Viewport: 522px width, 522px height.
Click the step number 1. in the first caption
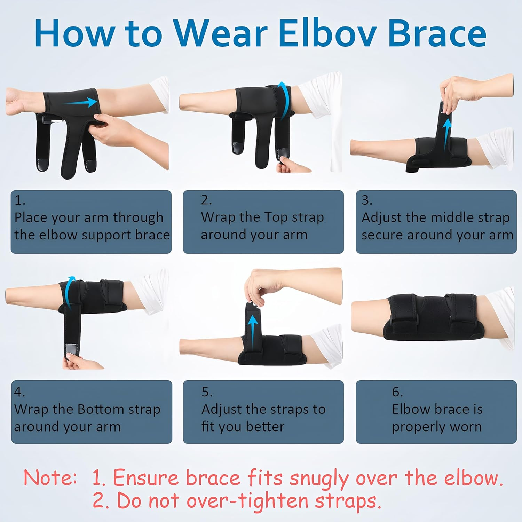tap(20, 200)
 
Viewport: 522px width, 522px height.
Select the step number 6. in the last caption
tap(397, 392)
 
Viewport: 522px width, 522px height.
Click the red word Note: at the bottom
tap(50, 477)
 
